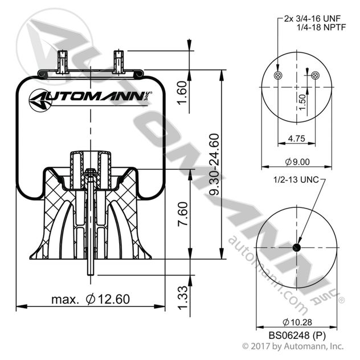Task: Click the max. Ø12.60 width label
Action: [x=91, y=299]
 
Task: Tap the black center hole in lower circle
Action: [x=297, y=247]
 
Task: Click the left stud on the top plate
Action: [x=63, y=61]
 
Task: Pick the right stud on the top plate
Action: [x=118, y=61]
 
